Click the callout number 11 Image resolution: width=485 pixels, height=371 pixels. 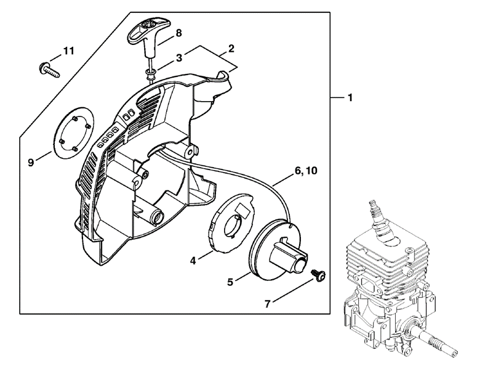click(x=69, y=51)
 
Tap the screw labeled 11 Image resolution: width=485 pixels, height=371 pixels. click(x=49, y=70)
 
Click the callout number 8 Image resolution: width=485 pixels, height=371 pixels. click(x=178, y=33)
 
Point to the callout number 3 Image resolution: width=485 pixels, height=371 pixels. click(x=178, y=58)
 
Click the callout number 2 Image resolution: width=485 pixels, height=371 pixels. click(x=231, y=48)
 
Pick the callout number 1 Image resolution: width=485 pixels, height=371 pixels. click(x=350, y=98)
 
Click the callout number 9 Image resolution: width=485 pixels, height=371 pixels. click(x=31, y=162)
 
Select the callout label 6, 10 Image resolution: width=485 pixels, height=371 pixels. click(x=306, y=170)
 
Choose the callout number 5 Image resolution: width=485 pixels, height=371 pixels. click(x=230, y=282)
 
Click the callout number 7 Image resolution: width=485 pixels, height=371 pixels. click(x=267, y=304)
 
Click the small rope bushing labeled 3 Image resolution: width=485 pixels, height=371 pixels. click(x=150, y=74)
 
